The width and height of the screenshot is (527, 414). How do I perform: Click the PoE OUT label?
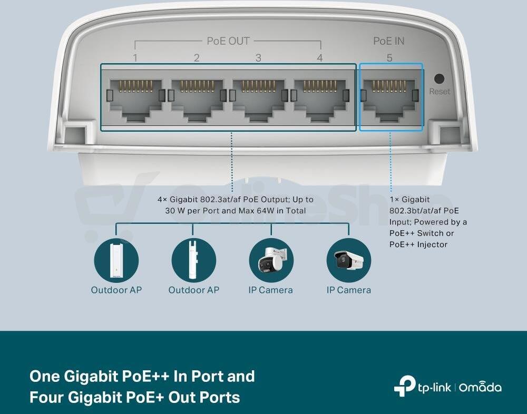pyautogui.click(x=228, y=41)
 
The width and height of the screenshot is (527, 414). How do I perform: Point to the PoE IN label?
pyautogui.click(x=389, y=41)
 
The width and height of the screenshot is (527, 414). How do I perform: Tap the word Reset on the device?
pyautogui.click(x=440, y=92)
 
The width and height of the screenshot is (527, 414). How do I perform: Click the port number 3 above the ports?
pyautogui.click(x=258, y=58)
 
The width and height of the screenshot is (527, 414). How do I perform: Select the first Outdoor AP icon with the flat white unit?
pyautogui.click(x=116, y=260)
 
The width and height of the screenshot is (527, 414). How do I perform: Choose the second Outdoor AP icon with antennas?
pyautogui.click(x=194, y=260)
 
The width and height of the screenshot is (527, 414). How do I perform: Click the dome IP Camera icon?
pyautogui.click(x=271, y=260)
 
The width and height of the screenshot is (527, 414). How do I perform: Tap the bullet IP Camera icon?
pyautogui.click(x=349, y=260)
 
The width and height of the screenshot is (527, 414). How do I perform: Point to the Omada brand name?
pyautogui.click(x=480, y=387)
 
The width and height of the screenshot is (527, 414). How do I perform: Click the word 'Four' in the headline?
pyautogui.click(x=46, y=397)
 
